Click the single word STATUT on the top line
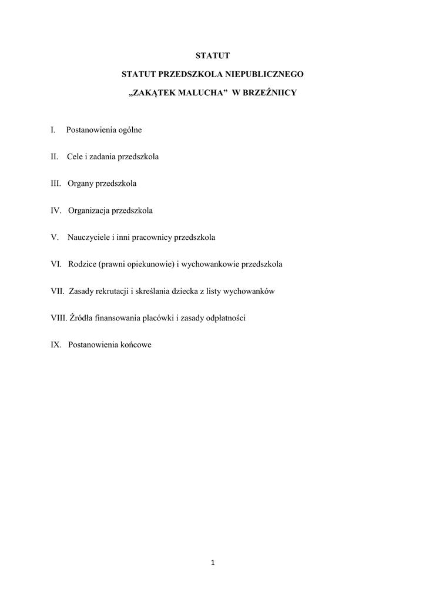pyautogui.click(x=213, y=56)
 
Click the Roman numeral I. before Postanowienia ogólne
pyautogui.click(x=53, y=129)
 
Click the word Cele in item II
pyautogui.click(x=75, y=157)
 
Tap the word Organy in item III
pyautogui.click(x=80, y=184)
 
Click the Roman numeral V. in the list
pyautogui.click(x=55, y=238)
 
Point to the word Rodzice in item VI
pyautogui.click(x=82, y=265)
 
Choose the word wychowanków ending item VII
pyautogui.click(x=250, y=291)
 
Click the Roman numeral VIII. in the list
pyautogui.click(x=59, y=318)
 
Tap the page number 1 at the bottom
pyautogui.click(x=213, y=563)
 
